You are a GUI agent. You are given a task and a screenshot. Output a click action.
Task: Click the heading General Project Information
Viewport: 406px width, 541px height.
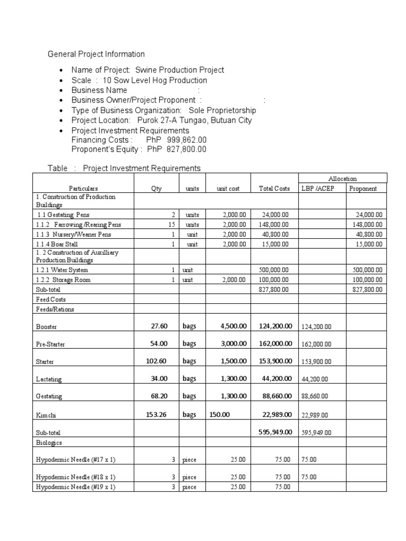pos(96,54)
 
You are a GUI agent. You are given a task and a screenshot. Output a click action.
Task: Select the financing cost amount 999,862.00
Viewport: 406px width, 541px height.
pos(187,140)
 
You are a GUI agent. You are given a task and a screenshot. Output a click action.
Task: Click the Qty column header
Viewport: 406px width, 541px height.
pos(156,189)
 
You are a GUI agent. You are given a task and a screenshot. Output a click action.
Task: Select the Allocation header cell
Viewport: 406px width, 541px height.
pos(343,179)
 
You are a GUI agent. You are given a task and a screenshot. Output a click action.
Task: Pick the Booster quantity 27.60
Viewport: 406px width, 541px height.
pos(157,327)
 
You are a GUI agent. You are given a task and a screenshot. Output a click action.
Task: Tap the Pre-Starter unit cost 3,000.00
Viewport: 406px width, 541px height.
pos(233,343)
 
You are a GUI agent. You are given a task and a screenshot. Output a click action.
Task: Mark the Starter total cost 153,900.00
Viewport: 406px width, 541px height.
pos(275,361)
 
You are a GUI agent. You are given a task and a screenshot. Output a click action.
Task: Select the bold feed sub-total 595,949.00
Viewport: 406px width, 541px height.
pos(275,432)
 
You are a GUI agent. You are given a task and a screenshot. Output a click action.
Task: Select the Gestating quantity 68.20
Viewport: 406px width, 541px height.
pos(157,396)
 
